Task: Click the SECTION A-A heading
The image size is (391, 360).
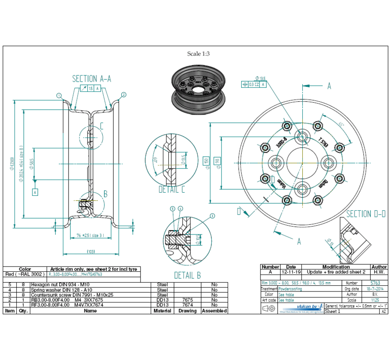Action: [91, 79]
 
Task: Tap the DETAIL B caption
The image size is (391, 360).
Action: [188, 275]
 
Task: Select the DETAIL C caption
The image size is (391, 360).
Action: [172, 190]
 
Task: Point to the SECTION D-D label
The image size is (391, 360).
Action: [366, 214]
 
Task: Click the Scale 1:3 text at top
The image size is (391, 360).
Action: [199, 54]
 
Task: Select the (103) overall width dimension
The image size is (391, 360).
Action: [90, 251]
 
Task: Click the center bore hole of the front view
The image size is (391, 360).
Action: [302, 162]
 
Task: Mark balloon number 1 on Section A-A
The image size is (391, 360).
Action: [58, 95]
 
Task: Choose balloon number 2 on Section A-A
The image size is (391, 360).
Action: [123, 94]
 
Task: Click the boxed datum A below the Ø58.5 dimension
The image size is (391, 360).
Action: [35, 192]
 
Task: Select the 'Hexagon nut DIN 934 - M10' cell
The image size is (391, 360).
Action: [55, 284]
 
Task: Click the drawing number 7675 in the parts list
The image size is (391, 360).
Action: [187, 299]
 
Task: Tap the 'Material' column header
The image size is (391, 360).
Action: [162, 311]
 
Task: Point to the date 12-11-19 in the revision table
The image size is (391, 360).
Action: [291, 272]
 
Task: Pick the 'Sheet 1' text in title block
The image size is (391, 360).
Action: [333, 311]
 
